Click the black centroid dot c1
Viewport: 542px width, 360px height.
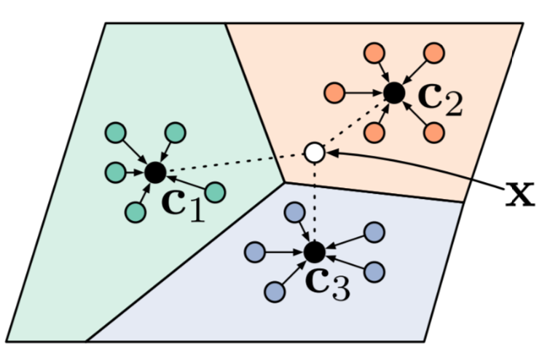pyautogui.click(x=154, y=173)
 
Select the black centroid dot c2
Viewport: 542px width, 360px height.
pyautogui.click(x=394, y=93)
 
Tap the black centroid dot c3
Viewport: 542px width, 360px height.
pyautogui.click(x=314, y=252)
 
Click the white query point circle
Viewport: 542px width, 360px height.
pyautogui.click(x=314, y=152)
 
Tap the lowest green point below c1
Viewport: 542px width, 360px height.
pyautogui.click(x=135, y=212)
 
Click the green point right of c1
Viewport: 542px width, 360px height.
pyautogui.click(x=215, y=192)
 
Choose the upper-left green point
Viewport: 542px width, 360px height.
pyautogui.click(x=115, y=134)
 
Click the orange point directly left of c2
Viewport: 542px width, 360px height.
pyautogui.click(x=335, y=93)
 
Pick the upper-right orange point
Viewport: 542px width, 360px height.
pyautogui.click(x=434, y=53)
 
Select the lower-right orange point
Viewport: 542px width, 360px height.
pyautogui.click(x=434, y=133)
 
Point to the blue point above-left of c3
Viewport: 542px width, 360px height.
pyautogui.click(x=294, y=213)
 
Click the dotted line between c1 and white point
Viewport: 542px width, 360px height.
pyautogui.click(x=233, y=163)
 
